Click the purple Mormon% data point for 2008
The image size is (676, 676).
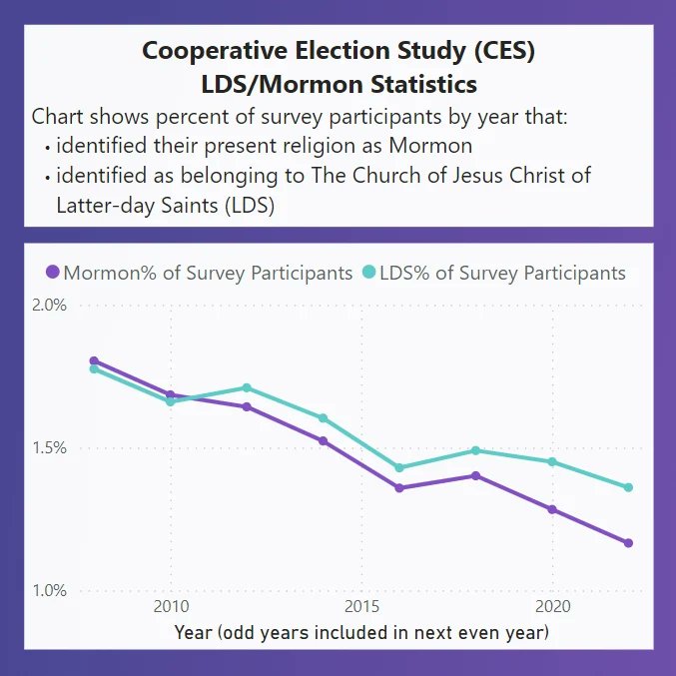pyautogui.click(x=94, y=360)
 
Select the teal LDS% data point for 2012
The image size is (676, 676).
pyautogui.click(x=247, y=387)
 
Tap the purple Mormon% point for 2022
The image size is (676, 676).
pyautogui.click(x=628, y=543)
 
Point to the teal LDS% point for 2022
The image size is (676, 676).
pyautogui.click(x=628, y=487)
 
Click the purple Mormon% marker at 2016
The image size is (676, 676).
pyautogui.click(x=399, y=488)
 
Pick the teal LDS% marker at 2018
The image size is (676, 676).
pyautogui.click(x=476, y=450)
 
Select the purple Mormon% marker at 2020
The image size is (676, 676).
pyautogui.click(x=552, y=509)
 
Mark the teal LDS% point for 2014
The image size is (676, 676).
pyautogui.click(x=324, y=418)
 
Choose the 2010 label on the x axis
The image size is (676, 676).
pyautogui.click(x=171, y=608)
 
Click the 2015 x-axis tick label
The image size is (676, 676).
pyautogui.click(x=361, y=608)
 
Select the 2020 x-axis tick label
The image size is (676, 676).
pyautogui.click(x=552, y=608)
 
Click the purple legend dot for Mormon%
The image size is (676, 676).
pyautogui.click(x=53, y=273)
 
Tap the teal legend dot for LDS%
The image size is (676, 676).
pyautogui.click(x=369, y=273)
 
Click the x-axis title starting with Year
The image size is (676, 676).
pyautogui.click(x=361, y=632)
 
